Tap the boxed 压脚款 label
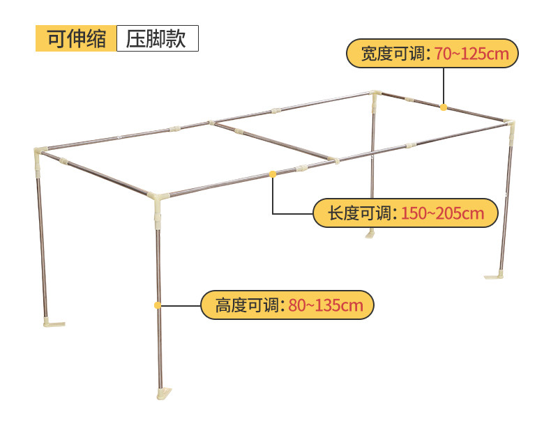(x=157, y=38)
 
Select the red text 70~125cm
(x=472, y=54)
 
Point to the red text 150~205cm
(x=442, y=213)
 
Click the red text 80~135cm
(x=325, y=305)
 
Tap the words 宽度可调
(x=393, y=54)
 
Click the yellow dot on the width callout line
(x=444, y=107)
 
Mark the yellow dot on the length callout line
(x=273, y=174)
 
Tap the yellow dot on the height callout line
(x=158, y=305)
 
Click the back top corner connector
(x=377, y=96)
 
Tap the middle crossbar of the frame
(x=272, y=141)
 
